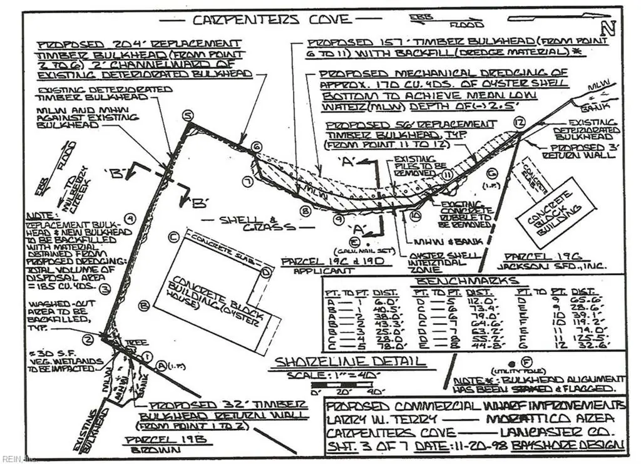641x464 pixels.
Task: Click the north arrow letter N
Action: pyautogui.click(x=607, y=27)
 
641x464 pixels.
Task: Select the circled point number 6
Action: pyautogui.click(x=255, y=147)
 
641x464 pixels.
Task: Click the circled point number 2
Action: pyautogui.click(x=89, y=339)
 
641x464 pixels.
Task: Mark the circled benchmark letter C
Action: pyautogui.click(x=173, y=237)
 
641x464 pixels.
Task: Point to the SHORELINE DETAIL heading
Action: pyautogui.click(x=339, y=362)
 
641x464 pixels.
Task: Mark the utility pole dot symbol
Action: pyautogui.click(x=511, y=363)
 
